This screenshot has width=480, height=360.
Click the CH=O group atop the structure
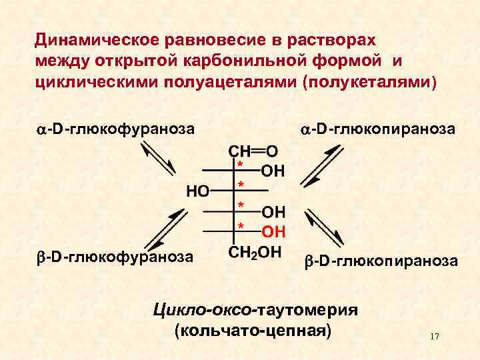[254, 151]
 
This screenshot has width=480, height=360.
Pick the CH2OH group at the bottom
[255, 254]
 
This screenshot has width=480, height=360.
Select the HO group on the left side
[198, 191]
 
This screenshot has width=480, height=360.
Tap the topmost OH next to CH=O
[273, 171]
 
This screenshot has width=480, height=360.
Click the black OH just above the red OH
[273, 213]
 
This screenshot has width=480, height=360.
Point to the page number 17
[435, 336]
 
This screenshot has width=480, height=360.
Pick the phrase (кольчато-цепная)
[252, 331]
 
